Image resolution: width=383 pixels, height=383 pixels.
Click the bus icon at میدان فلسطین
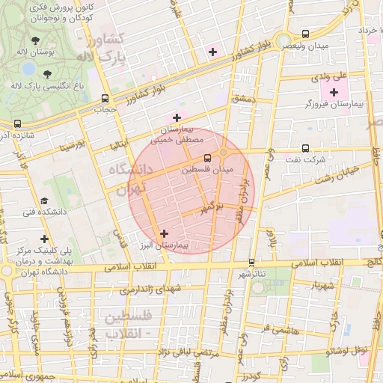pos(207,158)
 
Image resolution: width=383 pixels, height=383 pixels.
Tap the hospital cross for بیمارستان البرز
pos(164,233)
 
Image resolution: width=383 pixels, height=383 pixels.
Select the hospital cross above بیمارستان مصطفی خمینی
pos(177,117)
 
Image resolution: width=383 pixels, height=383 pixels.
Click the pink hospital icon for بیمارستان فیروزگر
pos(334,92)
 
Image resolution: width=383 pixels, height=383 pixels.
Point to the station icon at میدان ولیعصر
pos(305,34)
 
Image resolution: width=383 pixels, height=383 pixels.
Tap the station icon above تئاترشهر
pos(251,263)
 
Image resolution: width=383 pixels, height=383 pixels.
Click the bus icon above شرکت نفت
pos(304,147)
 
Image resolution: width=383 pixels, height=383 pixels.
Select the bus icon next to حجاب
pos(105,98)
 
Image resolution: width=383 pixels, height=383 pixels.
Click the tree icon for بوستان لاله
pos(36,40)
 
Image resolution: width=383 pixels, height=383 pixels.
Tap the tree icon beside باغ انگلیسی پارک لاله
pos(48,73)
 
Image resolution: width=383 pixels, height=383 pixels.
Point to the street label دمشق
pos(244,99)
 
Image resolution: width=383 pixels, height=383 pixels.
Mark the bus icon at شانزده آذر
pos(17,123)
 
